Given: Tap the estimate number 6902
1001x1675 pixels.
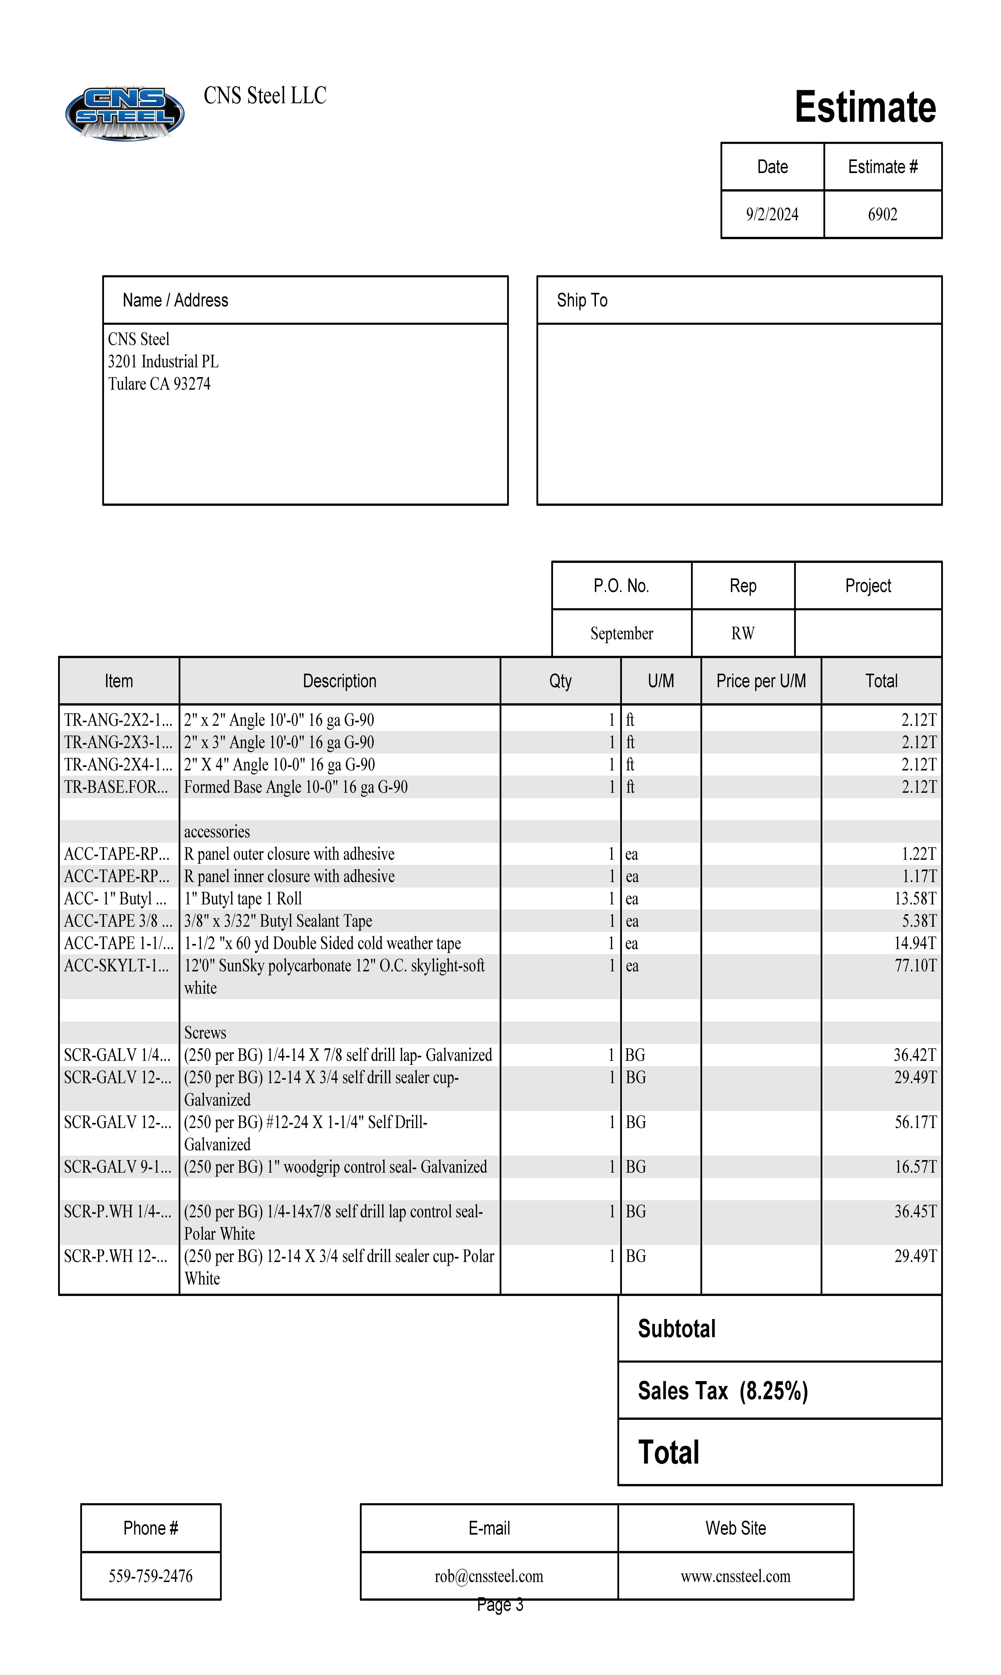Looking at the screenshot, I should [882, 214].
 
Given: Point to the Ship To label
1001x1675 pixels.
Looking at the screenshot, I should [581, 300].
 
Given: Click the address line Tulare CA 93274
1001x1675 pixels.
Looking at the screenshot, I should [159, 384].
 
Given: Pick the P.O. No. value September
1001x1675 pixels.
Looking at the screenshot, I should [621, 633].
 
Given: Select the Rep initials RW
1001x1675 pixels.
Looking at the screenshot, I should [743, 633].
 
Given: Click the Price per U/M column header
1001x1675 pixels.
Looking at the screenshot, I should [761, 681].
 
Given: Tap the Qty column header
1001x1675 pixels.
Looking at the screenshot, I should [560, 681].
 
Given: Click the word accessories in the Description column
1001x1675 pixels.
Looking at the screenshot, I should [217, 831].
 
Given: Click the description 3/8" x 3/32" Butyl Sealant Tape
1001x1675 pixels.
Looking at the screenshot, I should [278, 921].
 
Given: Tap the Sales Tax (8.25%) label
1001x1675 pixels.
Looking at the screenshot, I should [722, 1391].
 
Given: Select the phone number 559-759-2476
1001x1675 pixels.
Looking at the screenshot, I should [150, 1576].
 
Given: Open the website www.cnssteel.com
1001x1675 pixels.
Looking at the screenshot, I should [735, 1576].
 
